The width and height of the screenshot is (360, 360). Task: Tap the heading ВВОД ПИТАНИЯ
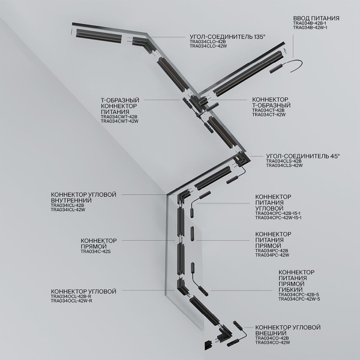coord(316,19)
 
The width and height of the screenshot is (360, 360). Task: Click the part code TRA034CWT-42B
coord(119,116)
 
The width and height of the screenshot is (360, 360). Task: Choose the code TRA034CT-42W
coord(268,115)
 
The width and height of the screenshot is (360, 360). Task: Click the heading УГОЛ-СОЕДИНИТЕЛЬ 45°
coord(302,156)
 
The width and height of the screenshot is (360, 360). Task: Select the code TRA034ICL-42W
coord(68,209)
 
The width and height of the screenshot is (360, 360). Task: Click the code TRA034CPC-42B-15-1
coord(278,213)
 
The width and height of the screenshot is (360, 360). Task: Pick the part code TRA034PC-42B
coord(272,250)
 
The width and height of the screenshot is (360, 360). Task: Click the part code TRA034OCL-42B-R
coord(71,296)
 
